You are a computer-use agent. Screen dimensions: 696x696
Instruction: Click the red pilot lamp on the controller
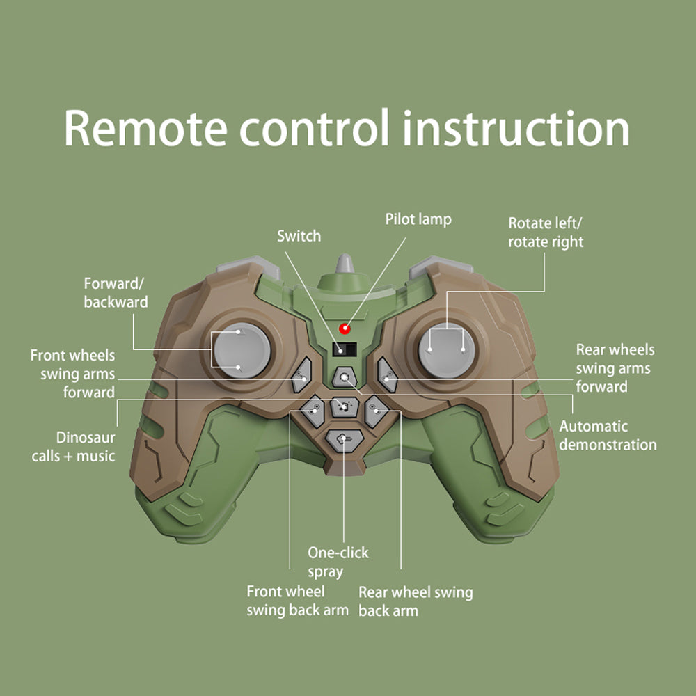tap(344, 328)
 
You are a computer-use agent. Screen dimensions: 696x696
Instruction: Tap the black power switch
tap(344, 350)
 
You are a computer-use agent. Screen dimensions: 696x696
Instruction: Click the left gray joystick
tap(239, 351)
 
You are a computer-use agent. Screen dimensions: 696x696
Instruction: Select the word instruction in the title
tap(516, 128)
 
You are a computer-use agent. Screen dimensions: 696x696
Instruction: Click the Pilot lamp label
tap(418, 219)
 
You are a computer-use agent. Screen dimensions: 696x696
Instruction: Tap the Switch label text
tap(299, 236)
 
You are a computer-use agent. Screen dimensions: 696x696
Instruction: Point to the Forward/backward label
tap(116, 293)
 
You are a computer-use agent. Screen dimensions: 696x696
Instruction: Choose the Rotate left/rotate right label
tap(546, 232)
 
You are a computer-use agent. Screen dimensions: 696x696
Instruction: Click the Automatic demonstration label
tap(608, 435)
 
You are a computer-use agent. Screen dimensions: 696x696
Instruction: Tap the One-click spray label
tap(338, 562)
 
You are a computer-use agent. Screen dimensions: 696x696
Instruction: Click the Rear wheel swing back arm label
tap(415, 601)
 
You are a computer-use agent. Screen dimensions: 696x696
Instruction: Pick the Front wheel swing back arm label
tap(297, 601)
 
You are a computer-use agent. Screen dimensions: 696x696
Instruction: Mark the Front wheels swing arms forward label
tap(72, 374)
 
